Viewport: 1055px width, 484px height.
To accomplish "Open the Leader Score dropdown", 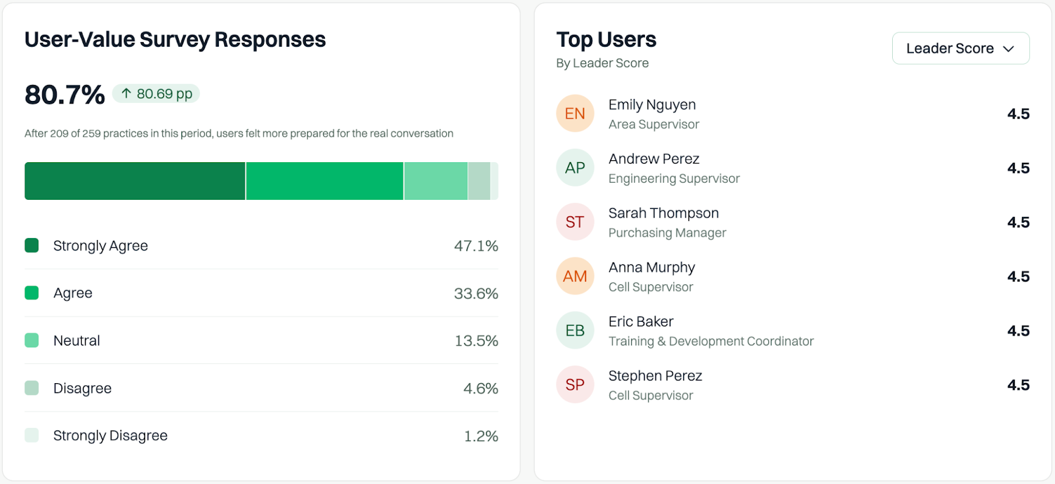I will (960, 48).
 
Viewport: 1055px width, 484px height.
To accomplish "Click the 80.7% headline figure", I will (65, 95).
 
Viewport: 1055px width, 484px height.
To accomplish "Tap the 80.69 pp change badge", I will (156, 94).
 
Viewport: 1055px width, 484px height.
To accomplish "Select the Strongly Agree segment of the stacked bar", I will (135, 181).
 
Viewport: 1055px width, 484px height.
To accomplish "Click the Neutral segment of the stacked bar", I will (435, 181).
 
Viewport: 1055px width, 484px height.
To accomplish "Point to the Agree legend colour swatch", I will (32, 293).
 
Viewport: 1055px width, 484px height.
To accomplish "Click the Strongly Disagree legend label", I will (110, 435).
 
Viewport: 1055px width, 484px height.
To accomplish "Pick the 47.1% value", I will (475, 246).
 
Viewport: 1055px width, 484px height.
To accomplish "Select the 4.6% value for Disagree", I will (480, 388).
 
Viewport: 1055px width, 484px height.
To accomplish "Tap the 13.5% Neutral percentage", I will (476, 341).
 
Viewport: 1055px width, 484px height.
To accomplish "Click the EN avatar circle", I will (575, 113).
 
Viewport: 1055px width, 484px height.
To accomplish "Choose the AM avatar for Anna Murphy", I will (575, 276).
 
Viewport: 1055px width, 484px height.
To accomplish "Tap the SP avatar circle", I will (575, 384).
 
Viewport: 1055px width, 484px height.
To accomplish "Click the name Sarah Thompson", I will (663, 213).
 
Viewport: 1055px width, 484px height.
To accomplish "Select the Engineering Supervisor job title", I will (674, 179).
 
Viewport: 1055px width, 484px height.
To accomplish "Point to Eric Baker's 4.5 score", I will (1018, 330).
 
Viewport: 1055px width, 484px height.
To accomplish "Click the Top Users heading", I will (606, 40).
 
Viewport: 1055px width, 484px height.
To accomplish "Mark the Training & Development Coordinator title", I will (711, 342).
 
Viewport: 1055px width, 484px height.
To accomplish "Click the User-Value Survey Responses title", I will (175, 40).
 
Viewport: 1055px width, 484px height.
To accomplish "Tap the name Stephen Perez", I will (655, 376).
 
